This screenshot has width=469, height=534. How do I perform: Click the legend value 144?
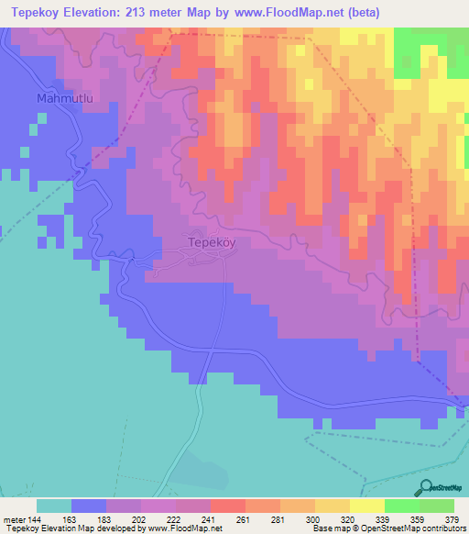point(35,519)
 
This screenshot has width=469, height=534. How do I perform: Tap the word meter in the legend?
point(14,519)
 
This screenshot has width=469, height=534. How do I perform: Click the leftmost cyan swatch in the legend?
point(54,506)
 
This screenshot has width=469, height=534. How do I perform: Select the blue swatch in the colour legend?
point(89,506)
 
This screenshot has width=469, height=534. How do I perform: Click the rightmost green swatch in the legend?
point(437,506)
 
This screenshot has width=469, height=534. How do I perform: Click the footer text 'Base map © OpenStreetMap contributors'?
point(388,528)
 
